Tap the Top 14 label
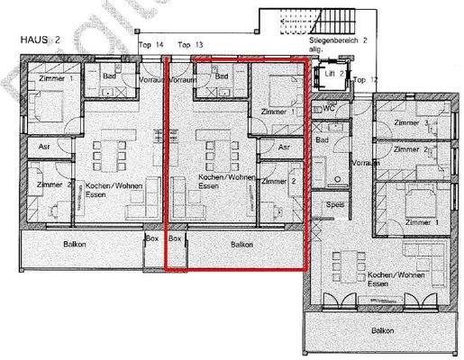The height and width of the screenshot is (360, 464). click(150, 44)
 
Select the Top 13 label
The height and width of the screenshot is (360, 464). click(190, 44)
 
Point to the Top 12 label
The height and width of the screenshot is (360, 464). click(365, 79)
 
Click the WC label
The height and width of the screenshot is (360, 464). click(329, 108)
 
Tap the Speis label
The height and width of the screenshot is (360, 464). click(336, 204)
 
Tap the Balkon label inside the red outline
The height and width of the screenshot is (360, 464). click(241, 244)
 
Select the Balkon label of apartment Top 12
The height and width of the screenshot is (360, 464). click(385, 330)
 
